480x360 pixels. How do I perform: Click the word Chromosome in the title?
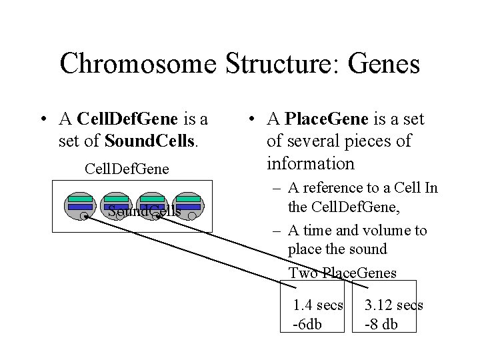pyautogui.click(x=138, y=64)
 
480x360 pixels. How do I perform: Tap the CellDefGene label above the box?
pyautogui.click(x=127, y=169)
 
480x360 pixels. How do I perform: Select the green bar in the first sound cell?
pyautogui.click(x=80, y=199)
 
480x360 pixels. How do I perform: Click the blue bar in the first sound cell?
pyautogui.click(x=80, y=207)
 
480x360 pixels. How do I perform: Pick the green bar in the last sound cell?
pyautogui.click(x=188, y=199)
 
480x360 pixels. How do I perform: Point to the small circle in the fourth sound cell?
pyautogui.click(x=192, y=216)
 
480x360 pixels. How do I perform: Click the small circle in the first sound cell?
pyautogui.click(x=84, y=216)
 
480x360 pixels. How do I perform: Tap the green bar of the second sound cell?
pyautogui.click(x=116, y=199)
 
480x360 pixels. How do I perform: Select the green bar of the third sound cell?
pyautogui.click(x=152, y=199)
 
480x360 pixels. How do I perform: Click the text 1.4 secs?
pyautogui.click(x=318, y=305)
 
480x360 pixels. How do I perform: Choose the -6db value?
pyautogui.click(x=308, y=324)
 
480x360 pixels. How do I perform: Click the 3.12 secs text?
pyautogui.click(x=393, y=305)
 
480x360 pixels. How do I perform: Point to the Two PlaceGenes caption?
pyautogui.click(x=342, y=273)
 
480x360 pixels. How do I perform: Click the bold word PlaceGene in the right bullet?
pyautogui.click(x=326, y=119)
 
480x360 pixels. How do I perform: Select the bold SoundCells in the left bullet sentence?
pyautogui.click(x=145, y=141)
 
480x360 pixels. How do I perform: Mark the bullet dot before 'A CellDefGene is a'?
pyautogui.click(x=43, y=120)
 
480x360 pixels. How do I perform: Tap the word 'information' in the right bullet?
pyautogui.click(x=310, y=163)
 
